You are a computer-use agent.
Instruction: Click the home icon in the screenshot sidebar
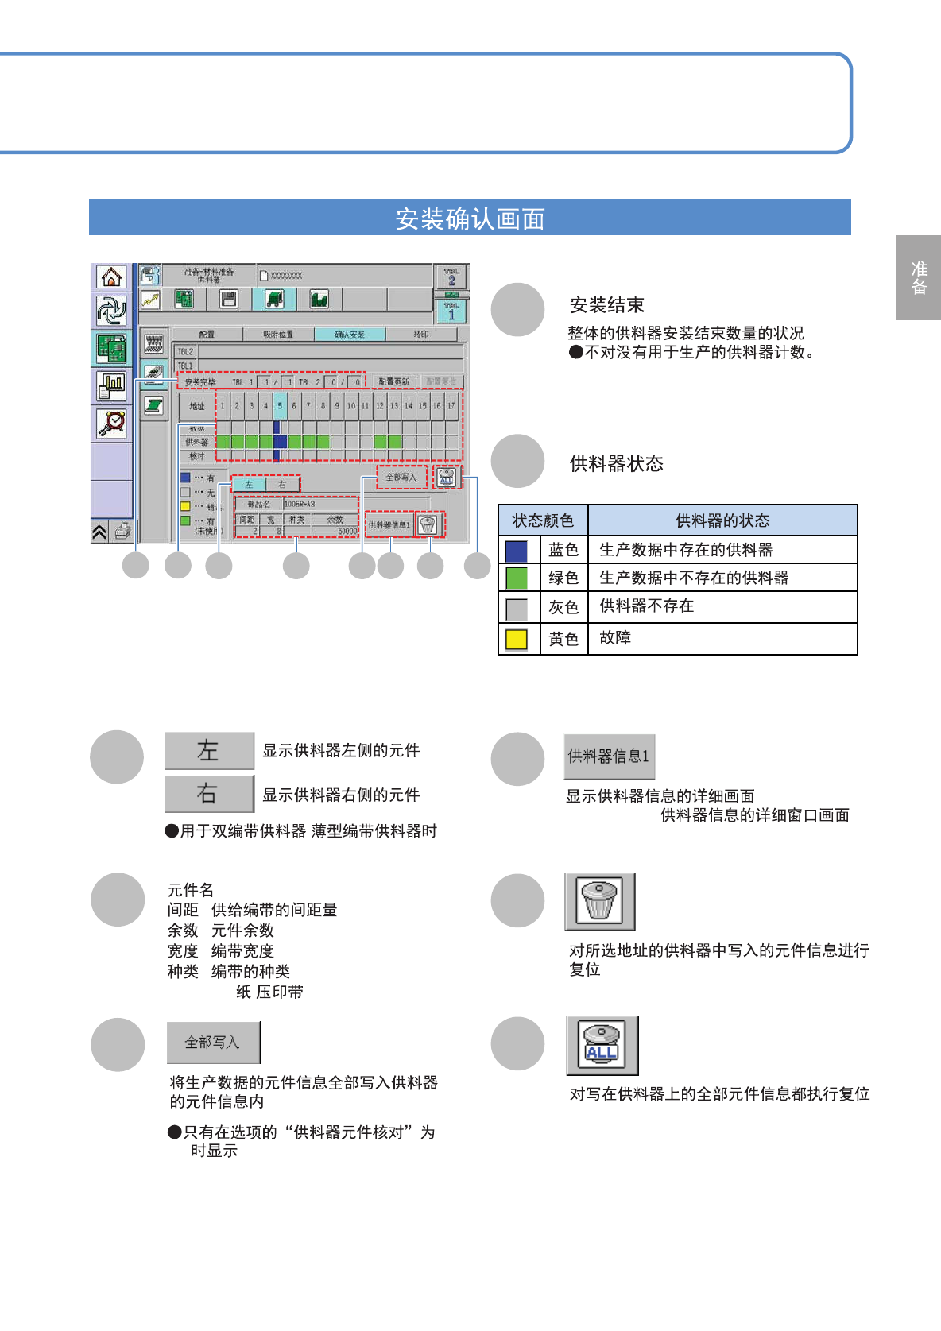click(x=111, y=277)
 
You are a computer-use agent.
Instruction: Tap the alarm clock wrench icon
click(x=111, y=423)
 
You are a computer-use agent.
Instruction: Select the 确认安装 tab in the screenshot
click(x=350, y=335)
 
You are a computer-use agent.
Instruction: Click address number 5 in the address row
click(x=280, y=405)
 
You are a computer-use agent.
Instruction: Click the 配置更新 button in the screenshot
click(x=393, y=382)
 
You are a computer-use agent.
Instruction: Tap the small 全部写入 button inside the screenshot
click(x=401, y=477)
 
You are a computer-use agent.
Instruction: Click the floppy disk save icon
click(x=229, y=299)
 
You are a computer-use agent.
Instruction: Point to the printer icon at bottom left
click(x=122, y=531)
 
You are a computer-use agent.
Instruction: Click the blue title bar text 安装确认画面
click(x=470, y=219)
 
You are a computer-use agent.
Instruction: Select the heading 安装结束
click(x=606, y=305)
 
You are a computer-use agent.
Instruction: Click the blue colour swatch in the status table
click(x=517, y=550)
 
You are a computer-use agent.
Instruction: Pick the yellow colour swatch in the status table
click(x=517, y=639)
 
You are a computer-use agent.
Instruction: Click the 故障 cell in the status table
click(x=615, y=638)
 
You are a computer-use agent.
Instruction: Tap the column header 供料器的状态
click(x=722, y=520)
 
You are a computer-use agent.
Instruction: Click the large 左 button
click(x=209, y=751)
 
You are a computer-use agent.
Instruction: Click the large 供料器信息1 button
click(x=609, y=756)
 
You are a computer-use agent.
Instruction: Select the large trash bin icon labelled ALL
click(x=602, y=1045)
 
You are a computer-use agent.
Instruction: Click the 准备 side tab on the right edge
click(x=919, y=278)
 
